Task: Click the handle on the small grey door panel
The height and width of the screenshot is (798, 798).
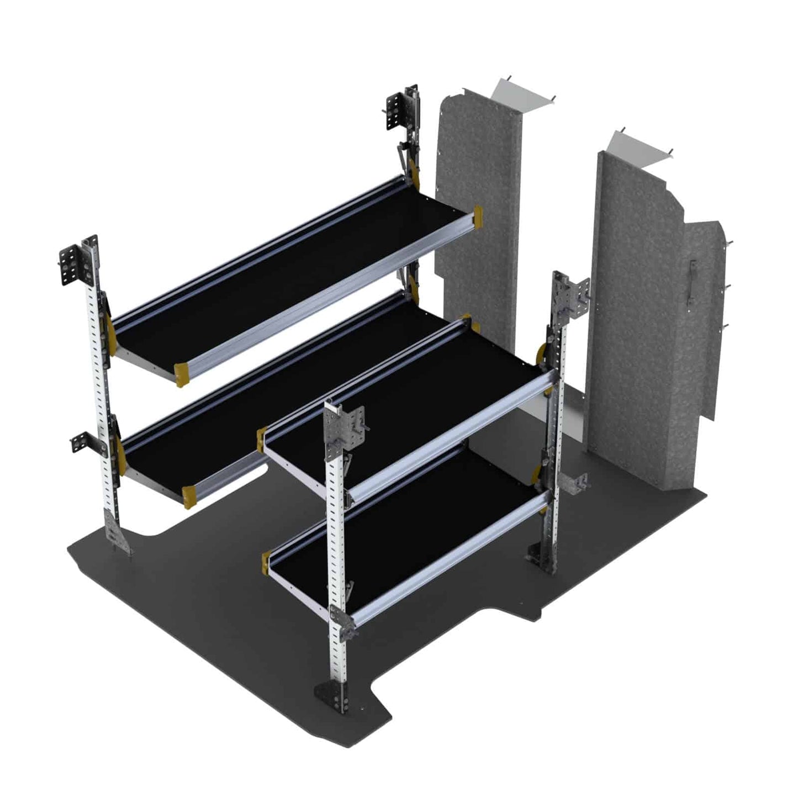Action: pyautogui.click(x=690, y=282)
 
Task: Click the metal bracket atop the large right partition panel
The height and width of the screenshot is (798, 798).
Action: pyautogui.click(x=641, y=146)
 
